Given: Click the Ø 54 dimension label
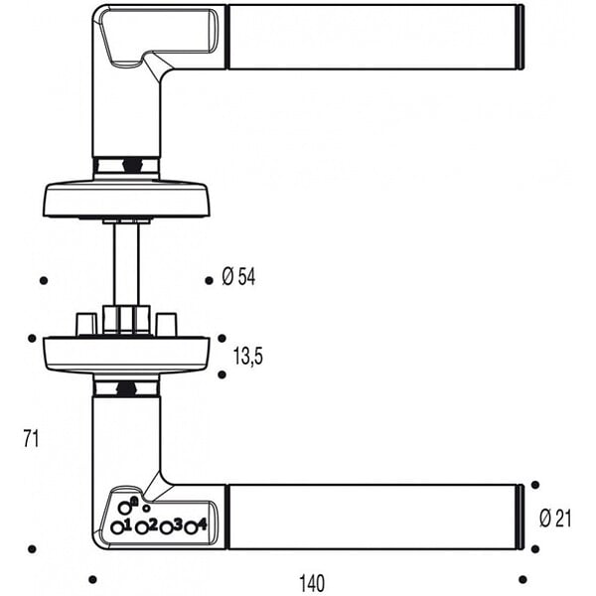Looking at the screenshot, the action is pyautogui.click(x=238, y=277).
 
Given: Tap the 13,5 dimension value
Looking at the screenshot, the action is pyautogui.click(x=247, y=357).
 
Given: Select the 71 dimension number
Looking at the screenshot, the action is pyautogui.click(x=31, y=439).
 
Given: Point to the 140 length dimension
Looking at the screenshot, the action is pyautogui.click(x=312, y=583).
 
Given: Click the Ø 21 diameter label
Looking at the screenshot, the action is pyautogui.click(x=555, y=519).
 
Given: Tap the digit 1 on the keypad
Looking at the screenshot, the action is pyautogui.click(x=127, y=524).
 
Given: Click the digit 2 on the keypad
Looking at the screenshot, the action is pyautogui.click(x=152, y=524).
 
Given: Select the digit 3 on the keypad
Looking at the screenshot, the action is pyautogui.click(x=177, y=524).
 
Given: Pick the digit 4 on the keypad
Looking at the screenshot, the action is pyautogui.click(x=202, y=524).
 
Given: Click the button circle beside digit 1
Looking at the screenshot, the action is pyautogui.click(x=117, y=528).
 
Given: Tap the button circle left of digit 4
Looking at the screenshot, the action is pyautogui.click(x=191, y=528).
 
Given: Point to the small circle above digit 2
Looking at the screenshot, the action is pyautogui.click(x=146, y=508).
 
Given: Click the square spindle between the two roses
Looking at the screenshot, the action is pyautogui.click(x=126, y=264).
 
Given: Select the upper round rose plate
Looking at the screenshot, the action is pyautogui.click(x=126, y=201).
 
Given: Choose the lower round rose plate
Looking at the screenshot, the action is pyautogui.click(x=126, y=355).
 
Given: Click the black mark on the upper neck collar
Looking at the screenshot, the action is pyautogui.click(x=131, y=166).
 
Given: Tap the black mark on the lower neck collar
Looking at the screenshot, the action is pyautogui.click(x=126, y=389).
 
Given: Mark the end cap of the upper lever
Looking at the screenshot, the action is pyautogui.click(x=521, y=38).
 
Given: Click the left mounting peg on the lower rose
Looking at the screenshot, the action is pyautogui.click(x=86, y=325).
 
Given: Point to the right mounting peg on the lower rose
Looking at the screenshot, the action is pyautogui.click(x=167, y=325).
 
